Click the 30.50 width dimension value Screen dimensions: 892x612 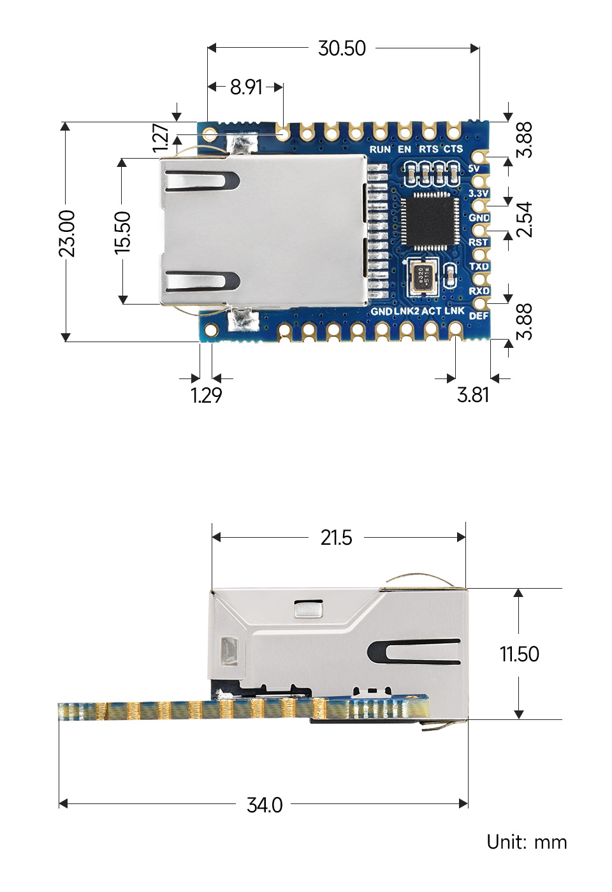tap(342, 48)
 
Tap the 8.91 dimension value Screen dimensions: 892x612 tap(246, 87)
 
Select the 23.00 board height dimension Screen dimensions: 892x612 tap(67, 233)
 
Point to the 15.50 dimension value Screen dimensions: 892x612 tap(122, 233)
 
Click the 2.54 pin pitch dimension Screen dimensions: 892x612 tap(524, 219)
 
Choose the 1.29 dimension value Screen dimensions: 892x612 tap(206, 396)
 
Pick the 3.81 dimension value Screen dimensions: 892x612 tap(473, 395)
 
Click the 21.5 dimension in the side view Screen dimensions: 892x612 tap(336, 538)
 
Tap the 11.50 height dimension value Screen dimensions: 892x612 tap(519, 654)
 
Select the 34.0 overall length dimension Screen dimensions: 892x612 tap(265, 805)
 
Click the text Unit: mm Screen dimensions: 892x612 tap(527, 842)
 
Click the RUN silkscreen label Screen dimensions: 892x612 tap(380, 149)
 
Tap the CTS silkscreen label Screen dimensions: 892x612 tap(453, 149)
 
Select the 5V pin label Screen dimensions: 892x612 tap(474, 169)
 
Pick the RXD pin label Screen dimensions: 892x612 tap(479, 291)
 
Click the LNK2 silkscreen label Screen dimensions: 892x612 tap(407, 312)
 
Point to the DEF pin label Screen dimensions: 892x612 tap(479, 315)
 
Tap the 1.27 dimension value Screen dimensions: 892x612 tap(161, 138)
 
